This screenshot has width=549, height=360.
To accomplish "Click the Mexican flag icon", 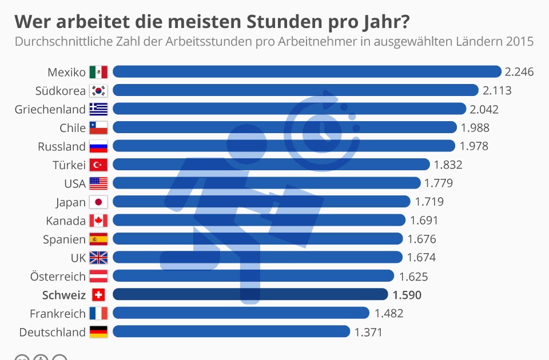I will [98, 71].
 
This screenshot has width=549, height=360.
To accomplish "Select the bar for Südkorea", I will [295, 90].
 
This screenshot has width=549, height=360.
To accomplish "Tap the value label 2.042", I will [484, 109].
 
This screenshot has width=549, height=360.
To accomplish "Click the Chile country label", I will [73, 127].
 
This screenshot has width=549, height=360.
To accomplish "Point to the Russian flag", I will [98, 146].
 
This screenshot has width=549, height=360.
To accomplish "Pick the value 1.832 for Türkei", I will [448, 165].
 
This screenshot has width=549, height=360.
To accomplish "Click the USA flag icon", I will [98, 183].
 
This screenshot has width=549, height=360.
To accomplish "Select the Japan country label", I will [71, 202].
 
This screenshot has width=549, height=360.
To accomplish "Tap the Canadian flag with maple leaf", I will [98, 221].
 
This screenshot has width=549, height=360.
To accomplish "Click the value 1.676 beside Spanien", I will [421, 239].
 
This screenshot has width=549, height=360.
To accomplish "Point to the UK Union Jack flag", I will [98, 258].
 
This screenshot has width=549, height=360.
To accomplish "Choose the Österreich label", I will [58, 277].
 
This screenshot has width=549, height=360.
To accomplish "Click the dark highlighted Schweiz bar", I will [250, 295].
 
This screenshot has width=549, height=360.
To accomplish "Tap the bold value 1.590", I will [407, 295].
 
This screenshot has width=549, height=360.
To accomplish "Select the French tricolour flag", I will [98, 314].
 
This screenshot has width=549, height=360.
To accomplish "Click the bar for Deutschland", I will [231, 332].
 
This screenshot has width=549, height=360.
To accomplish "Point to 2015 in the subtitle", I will [519, 42].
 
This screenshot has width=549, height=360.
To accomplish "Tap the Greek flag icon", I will [98, 109].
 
